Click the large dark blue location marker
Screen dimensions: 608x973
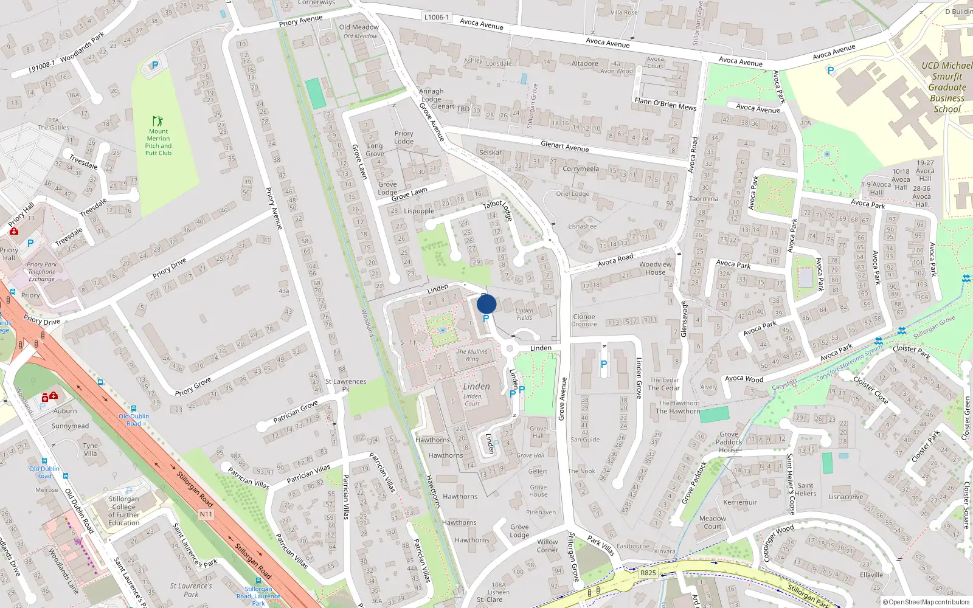486,304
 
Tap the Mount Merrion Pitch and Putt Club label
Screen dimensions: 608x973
158,142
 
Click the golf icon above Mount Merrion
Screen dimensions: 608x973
158,121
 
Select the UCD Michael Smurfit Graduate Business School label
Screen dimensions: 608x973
947,88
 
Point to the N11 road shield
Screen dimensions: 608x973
206,514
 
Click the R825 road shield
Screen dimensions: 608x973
648,573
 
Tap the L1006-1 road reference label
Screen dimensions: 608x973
436,17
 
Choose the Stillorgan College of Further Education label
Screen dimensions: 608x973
124,511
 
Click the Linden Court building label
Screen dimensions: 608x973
473,400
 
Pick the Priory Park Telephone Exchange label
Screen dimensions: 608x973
42,272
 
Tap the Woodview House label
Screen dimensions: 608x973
656,268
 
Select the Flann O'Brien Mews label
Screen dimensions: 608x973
665,104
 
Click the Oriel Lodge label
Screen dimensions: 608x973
572,194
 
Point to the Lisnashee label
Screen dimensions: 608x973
582,226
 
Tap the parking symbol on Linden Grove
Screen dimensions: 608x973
603,364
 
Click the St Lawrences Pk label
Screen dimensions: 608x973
345,385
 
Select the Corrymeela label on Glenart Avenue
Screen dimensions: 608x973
581,169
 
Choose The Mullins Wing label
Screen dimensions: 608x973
472,355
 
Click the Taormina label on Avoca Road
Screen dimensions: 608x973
704,199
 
